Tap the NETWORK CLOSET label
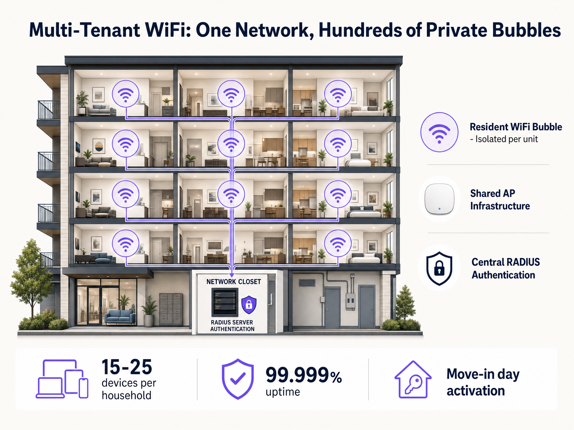pos(234,282)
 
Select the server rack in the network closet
pos(225,302)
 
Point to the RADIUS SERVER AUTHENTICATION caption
pos(232,326)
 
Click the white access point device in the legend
pos(439,199)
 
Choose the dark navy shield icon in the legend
pos(439,268)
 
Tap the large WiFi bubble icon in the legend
pos(439,132)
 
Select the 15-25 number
pos(127,367)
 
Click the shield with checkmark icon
pos(238,379)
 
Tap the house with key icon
pos(413,379)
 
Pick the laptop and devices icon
pos(62,379)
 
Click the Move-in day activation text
pos(483,382)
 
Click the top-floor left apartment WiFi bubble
pos(126,94)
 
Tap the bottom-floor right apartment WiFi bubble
pos(338,243)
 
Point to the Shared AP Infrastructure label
pos(500,200)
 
